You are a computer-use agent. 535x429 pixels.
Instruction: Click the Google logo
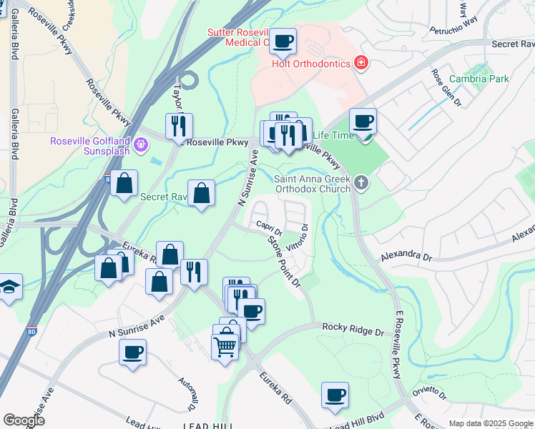pos(24,420)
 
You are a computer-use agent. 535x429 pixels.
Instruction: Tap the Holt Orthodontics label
pos(311,64)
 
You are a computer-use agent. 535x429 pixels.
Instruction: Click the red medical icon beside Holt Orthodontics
pos(361,64)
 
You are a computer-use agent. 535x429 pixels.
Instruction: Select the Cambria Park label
pos(479,79)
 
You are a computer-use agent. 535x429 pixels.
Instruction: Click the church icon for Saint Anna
pos(361,184)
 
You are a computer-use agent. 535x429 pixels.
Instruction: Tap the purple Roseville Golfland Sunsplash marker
pos(142,145)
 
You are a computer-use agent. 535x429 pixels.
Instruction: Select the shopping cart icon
pos(225,347)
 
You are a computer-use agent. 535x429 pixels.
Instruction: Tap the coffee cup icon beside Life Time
pos(363,122)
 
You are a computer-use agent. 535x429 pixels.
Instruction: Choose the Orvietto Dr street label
pos(428,394)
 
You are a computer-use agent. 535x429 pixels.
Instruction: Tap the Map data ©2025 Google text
pos(491,423)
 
